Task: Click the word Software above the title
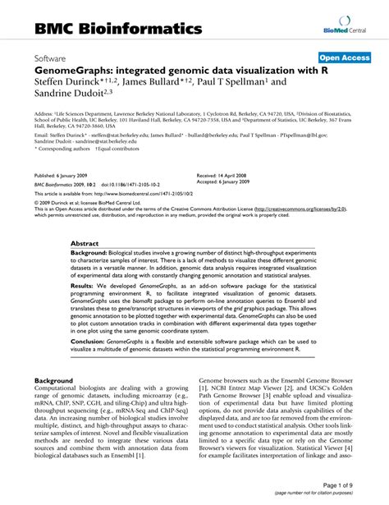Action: point(52,59)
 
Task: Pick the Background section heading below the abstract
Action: point(54,381)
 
